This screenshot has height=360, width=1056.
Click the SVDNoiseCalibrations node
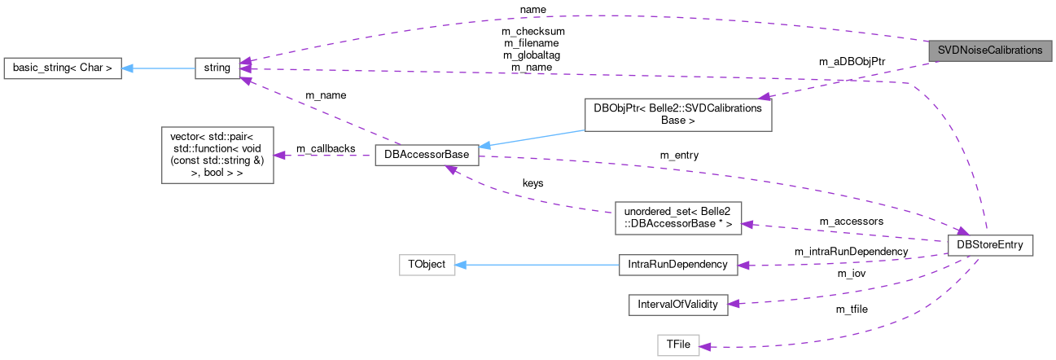[989, 50]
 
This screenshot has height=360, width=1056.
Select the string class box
[217, 69]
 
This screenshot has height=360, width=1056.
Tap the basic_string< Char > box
[63, 69]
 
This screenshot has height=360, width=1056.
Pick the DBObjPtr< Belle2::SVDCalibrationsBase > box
[677, 115]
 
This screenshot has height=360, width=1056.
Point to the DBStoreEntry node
[991, 245]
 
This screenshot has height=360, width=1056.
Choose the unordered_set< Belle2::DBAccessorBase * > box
[677, 217]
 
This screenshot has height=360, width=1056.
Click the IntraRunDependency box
[677, 265]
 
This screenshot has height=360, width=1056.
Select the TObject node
[427, 265]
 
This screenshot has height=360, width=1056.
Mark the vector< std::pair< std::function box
[217, 154]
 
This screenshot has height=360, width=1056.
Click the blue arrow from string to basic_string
[159, 69]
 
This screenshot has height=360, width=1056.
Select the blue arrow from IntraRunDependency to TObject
[537, 265]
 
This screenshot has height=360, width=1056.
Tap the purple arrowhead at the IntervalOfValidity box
[732, 304]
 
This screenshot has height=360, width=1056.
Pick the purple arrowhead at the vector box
[279, 155]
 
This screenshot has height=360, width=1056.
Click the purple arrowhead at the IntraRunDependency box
[743, 265]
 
